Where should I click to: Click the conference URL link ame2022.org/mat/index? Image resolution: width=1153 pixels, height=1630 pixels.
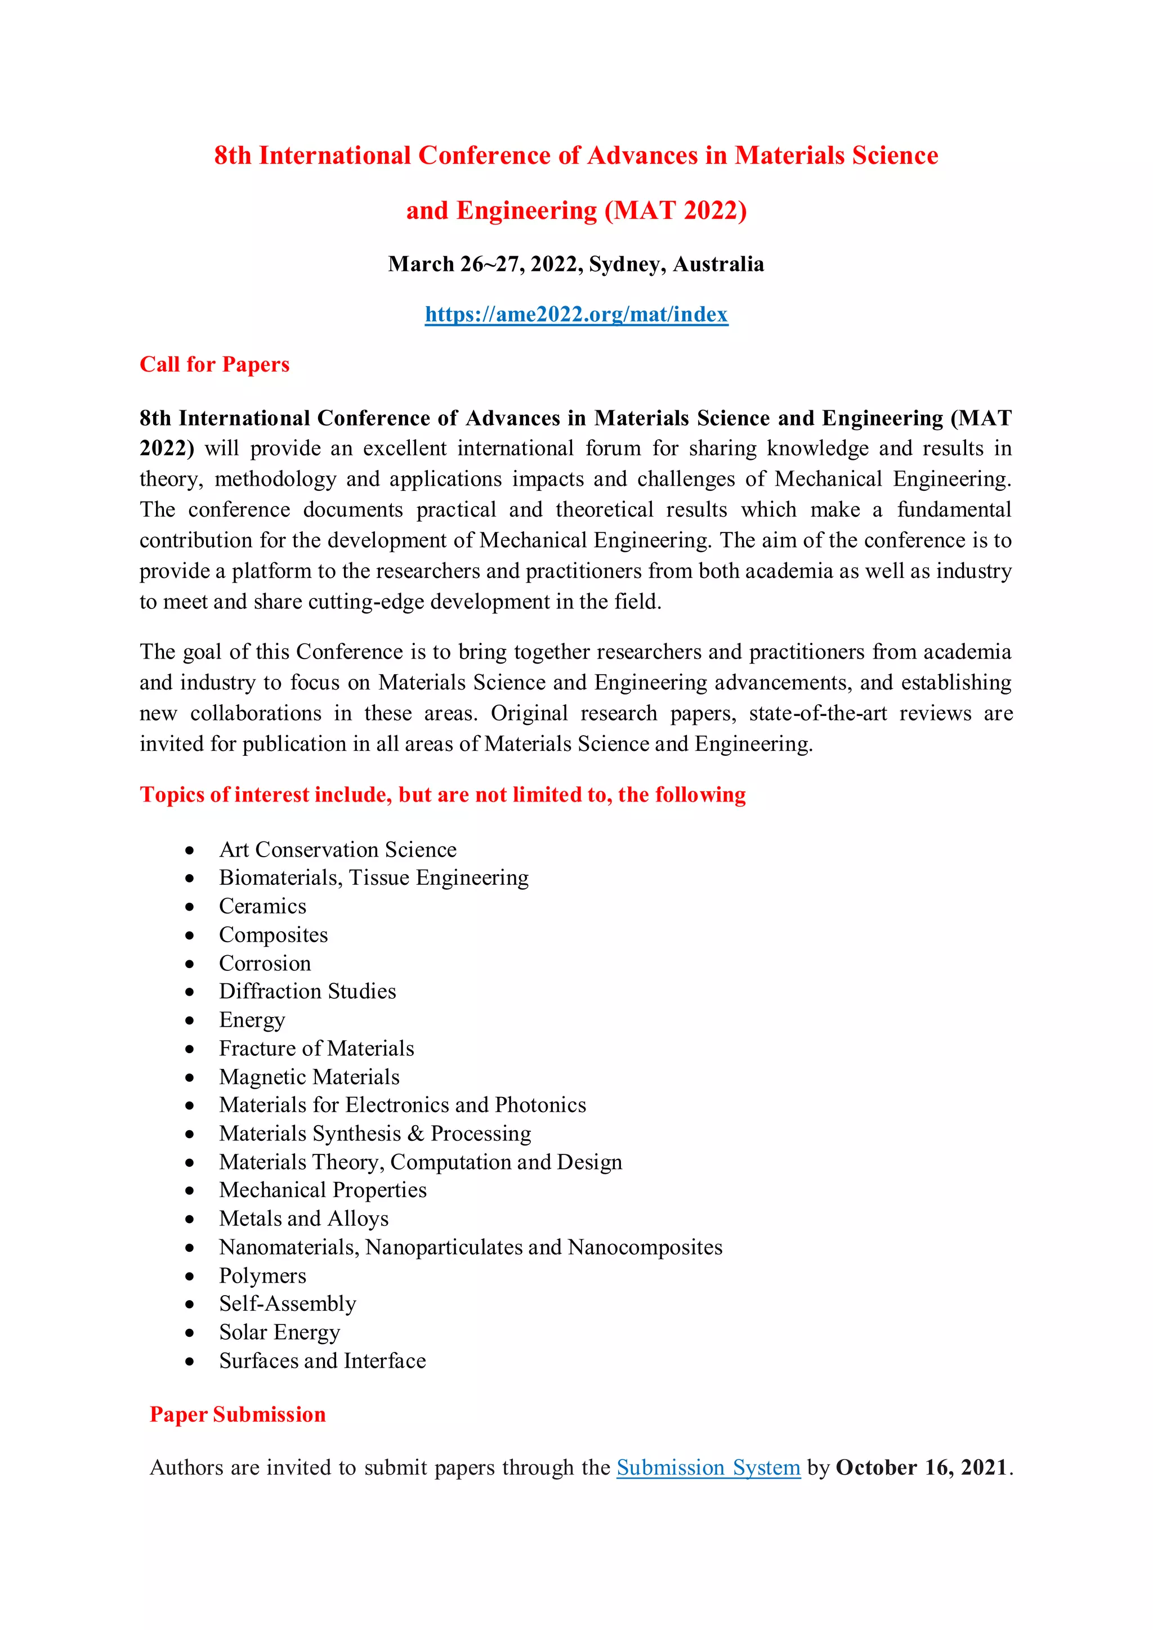pos(576,314)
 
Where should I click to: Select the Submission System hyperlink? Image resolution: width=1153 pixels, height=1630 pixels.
pos(708,1467)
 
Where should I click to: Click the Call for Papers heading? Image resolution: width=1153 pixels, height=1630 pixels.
pos(214,364)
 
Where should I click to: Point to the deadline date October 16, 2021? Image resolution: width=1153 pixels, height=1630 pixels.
pos(921,1467)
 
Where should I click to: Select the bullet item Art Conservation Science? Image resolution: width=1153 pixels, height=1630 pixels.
pos(337,849)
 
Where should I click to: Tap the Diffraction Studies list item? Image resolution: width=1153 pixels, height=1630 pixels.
pos(307,991)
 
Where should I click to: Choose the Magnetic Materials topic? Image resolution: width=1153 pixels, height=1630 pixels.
pos(309,1076)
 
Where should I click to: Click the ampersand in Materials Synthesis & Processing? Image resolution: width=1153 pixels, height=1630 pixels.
pos(415,1133)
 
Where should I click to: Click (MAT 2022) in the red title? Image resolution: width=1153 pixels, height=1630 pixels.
pos(675,211)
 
